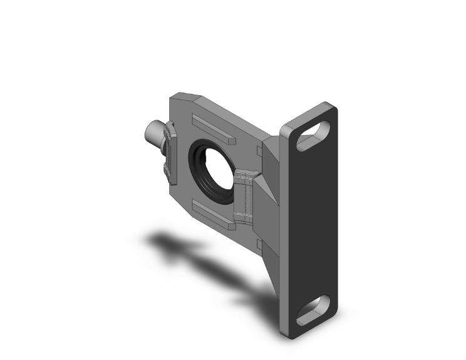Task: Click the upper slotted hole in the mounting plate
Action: [314, 136]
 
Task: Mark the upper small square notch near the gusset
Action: [260, 150]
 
